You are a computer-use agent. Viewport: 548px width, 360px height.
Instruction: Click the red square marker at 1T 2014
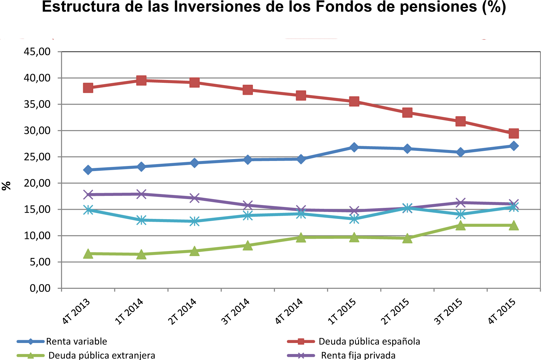(141, 80)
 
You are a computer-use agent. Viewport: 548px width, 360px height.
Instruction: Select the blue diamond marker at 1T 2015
(354, 147)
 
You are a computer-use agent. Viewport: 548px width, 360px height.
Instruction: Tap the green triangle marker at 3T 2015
(460, 226)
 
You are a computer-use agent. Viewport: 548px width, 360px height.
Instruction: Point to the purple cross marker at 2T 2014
(195, 198)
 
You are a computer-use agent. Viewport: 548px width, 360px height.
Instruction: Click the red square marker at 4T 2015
(514, 134)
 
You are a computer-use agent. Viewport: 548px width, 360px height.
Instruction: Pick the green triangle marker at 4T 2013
(88, 254)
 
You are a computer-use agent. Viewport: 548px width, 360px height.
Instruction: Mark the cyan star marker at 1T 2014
(141, 220)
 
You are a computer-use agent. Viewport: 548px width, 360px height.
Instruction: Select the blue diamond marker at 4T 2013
(88, 170)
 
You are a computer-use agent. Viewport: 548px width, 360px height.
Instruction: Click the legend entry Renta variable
(77, 341)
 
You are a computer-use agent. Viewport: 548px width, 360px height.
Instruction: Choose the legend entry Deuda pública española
(369, 341)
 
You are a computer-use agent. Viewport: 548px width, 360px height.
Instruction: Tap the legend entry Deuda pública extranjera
(102, 355)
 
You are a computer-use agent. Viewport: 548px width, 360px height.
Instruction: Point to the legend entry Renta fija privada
(358, 355)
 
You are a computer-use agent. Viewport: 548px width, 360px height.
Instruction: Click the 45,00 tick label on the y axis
(37, 52)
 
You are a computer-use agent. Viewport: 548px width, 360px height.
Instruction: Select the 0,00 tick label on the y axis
(40, 288)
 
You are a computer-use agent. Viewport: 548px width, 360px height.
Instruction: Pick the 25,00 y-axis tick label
(37, 157)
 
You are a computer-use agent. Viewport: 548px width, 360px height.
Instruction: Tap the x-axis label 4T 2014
(289, 311)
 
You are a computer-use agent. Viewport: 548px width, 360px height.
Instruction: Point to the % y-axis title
(6, 186)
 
